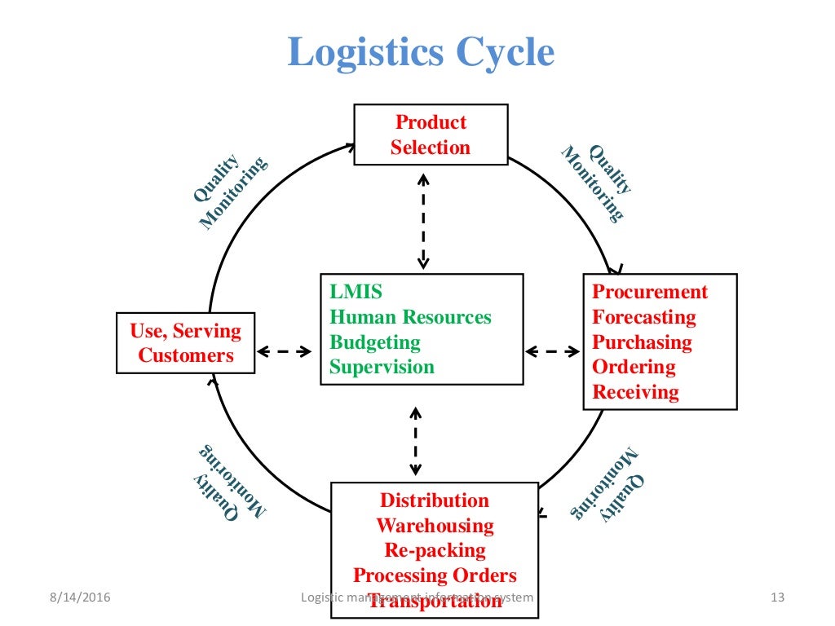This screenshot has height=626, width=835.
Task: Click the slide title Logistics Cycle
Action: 421,53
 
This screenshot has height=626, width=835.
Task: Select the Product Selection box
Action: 430,134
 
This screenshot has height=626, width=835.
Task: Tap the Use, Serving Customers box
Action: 186,343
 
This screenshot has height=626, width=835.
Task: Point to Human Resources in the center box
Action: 410,317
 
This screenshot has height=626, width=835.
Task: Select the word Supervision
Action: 382,367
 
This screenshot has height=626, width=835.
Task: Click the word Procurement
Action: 650,292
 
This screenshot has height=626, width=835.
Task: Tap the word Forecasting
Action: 644,317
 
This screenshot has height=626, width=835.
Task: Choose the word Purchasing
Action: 642,342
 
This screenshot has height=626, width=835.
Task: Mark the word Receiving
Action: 635,392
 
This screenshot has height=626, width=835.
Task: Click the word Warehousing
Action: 435,526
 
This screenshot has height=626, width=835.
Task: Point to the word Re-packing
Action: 435,550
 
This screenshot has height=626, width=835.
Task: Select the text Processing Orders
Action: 435,575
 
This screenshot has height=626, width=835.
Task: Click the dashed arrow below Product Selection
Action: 422,220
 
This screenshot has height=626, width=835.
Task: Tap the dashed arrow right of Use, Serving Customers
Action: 285,352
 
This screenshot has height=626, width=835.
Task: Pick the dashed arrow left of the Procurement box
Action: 552,352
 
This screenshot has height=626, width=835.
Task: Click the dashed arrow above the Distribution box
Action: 415,441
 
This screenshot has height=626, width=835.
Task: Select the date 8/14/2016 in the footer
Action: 78,598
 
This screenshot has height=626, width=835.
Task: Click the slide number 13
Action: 776,598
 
